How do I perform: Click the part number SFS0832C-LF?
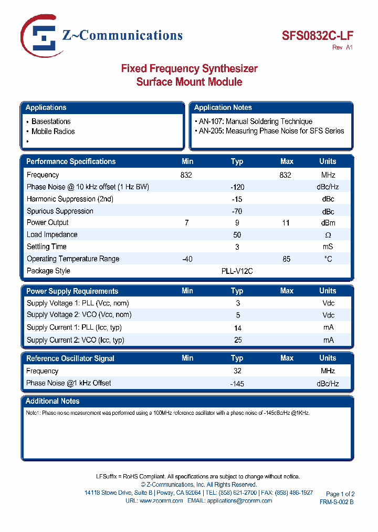[x=318, y=35]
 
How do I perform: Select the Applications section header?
[x=46, y=108]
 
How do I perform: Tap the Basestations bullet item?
[x=51, y=121]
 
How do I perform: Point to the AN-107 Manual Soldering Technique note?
[x=256, y=121]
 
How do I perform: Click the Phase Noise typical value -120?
[x=237, y=187]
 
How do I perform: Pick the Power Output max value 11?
[x=286, y=223]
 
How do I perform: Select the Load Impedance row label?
[x=52, y=235]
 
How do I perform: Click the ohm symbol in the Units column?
[x=328, y=235]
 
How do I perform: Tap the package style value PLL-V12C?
[x=237, y=271]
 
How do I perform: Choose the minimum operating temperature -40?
[x=187, y=259]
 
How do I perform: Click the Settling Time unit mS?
[x=328, y=247]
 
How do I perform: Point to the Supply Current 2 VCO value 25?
[x=237, y=340]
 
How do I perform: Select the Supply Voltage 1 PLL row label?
[x=78, y=303]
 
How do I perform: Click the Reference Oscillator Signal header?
[x=70, y=359]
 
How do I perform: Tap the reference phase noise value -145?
[x=237, y=384]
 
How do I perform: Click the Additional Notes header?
[x=52, y=401]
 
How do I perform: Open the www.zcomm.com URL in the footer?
[x=161, y=501]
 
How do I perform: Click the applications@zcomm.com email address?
[x=239, y=501]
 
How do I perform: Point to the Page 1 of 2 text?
[x=340, y=494]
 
